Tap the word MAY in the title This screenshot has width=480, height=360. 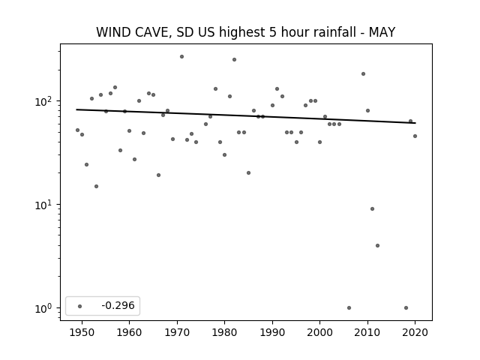pyautogui.click(x=382, y=32)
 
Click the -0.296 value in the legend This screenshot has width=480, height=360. pyautogui.click(x=118, y=305)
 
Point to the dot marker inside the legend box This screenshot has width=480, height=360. pyautogui.click(x=80, y=306)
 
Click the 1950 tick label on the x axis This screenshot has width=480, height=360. pyautogui.click(x=82, y=332)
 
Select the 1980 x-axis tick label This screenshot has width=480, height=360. pyautogui.click(x=225, y=332)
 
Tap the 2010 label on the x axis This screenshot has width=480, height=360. pyautogui.click(x=367, y=332)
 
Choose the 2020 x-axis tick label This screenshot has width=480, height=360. pyautogui.click(x=415, y=332)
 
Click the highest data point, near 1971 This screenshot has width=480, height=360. pyautogui.click(x=181, y=57)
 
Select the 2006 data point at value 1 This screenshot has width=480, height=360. pyautogui.click(x=349, y=308)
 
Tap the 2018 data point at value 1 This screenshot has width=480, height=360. pyautogui.click(x=406, y=308)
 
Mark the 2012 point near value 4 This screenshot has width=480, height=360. pyautogui.click(x=377, y=245)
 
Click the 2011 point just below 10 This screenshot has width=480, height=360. pyautogui.click(x=372, y=208)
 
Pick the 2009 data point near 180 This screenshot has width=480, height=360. pyautogui.click(x=363, y=73)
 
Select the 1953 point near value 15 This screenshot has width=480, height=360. pyautogui.click(x=96, y=187)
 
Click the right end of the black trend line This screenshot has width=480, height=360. pyautogui.click(x=415, y=123)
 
